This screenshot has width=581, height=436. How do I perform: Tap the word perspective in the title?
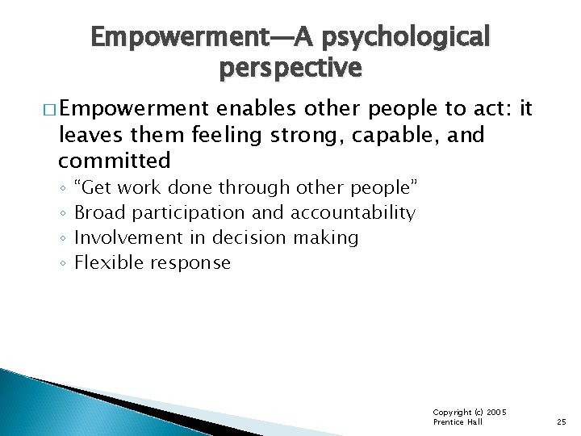pyautogui.click(x=290, y=69)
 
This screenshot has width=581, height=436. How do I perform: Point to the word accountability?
pyautogui.click(x=353, y=213)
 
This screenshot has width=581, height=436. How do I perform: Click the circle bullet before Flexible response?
pyautogui.click(x=62, y=262)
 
